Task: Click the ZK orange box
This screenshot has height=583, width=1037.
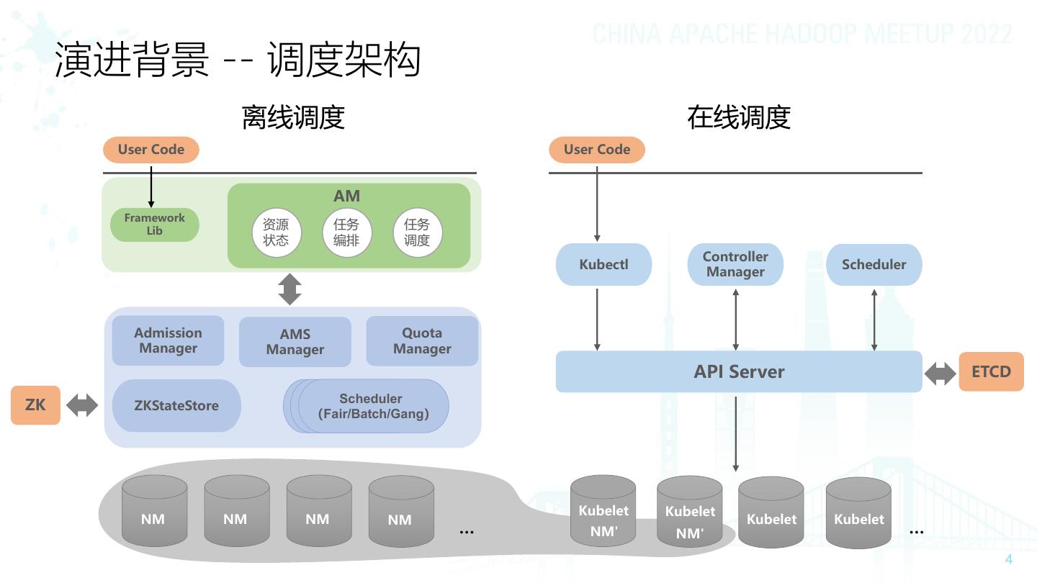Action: [35, 405]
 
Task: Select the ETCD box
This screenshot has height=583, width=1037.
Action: [991, 371]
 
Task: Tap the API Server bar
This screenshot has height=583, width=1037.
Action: [738, 371]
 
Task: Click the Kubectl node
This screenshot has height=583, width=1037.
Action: [603, 264]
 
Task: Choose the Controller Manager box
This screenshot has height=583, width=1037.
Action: [735, 264]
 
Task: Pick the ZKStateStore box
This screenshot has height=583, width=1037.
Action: [176, 405]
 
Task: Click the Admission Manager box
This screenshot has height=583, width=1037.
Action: [168, 340]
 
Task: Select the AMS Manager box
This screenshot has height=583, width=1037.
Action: [295, 342]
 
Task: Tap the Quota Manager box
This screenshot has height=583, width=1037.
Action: [422, 340]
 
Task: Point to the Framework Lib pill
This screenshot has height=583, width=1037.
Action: [154, 225]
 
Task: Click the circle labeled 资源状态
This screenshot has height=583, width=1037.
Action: [276, 232]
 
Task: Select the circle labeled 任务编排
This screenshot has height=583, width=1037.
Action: [346, 232]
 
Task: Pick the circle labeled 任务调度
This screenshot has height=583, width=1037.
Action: [417, 232]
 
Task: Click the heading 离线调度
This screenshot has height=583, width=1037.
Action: [293, 117]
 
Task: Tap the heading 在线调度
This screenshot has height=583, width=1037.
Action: [739, 117]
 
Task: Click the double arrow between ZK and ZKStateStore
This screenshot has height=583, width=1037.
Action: [82, 405]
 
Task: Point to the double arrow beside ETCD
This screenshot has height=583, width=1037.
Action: [940, 373]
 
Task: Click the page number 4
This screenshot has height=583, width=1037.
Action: [1009, 559]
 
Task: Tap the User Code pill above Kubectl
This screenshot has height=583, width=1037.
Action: [597, 150]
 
